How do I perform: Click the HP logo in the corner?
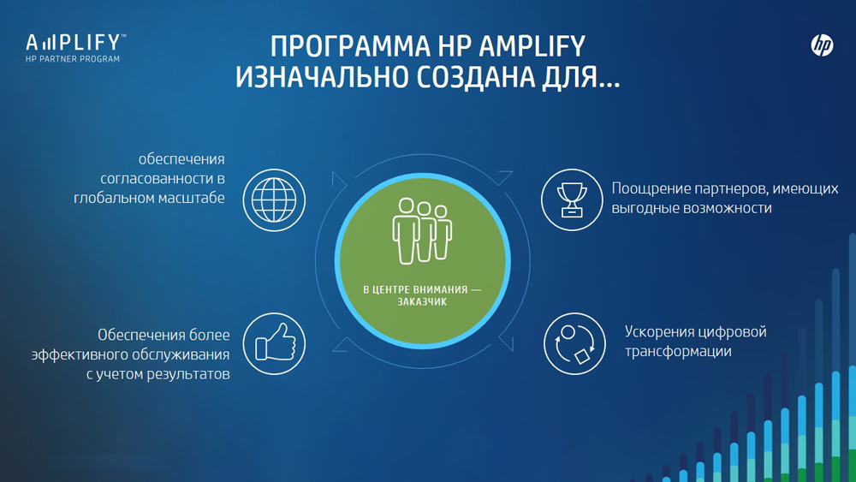click(x=822, y=45)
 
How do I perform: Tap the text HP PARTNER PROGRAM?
click(x=73, y=59)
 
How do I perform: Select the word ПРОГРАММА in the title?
click(x=349, y=46)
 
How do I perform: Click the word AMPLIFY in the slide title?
click(x=532, y=46)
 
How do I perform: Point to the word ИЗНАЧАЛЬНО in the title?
click(x=322, y=77)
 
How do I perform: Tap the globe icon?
click(x=274, y=199)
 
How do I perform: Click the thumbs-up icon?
click(x=274, y=344)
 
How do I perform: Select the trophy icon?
click(x=572, y=199)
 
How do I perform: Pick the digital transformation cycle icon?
click(x=574, y=344)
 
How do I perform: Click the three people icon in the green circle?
click(x=422, y=231)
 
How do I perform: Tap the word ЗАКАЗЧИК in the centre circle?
click(x=422, y=302)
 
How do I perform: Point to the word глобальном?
click(x=110, y=198)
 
